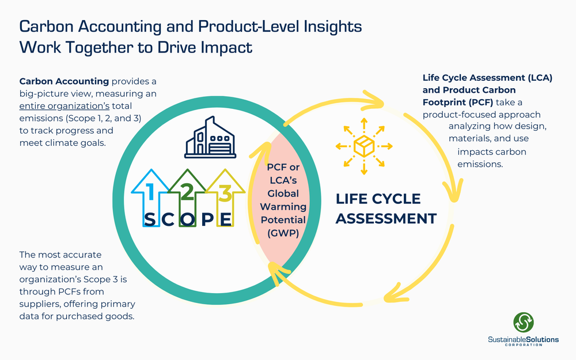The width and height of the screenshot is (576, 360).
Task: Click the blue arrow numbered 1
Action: click(x=150, y=193)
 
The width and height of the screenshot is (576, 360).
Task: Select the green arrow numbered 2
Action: click(x=187, y=193)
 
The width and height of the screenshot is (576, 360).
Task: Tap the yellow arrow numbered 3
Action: click(x=224, y=193)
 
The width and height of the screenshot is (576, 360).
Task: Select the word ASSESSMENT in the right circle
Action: click(x=386, y=219)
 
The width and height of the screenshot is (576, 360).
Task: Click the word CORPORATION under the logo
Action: click(x=524, y=346)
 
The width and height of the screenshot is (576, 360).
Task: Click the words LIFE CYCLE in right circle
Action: click(x=378, y=199)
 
